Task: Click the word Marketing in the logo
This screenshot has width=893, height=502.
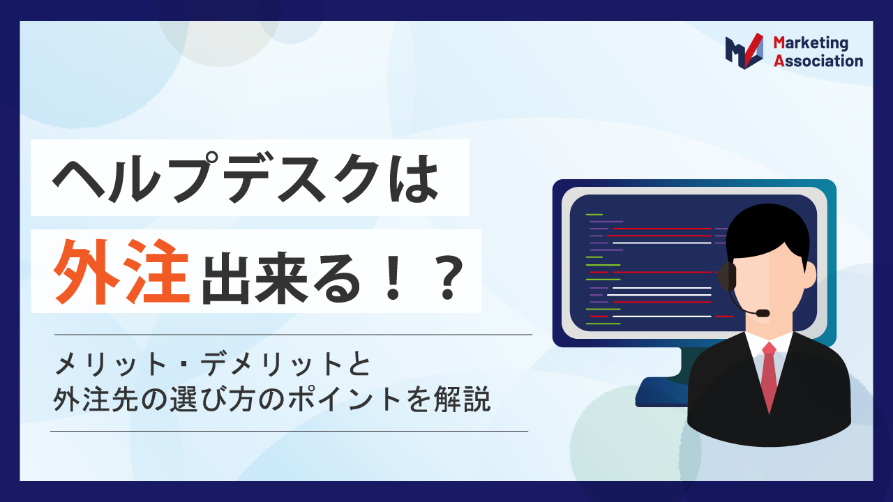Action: pyautogui.click(x=811, y=43)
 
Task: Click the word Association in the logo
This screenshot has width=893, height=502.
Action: pyautogui.click(x=818, y=61)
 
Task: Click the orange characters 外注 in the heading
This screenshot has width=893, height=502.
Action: pyautogui.click(x=123, y=271)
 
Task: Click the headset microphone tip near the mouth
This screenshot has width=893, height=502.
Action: pyautogui.click(x=763, y=313)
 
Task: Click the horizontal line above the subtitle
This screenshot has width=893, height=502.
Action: pyautogui.click(x=293, y=335)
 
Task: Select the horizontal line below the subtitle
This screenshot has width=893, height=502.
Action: pyautogui.click(x=290, y=431)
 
